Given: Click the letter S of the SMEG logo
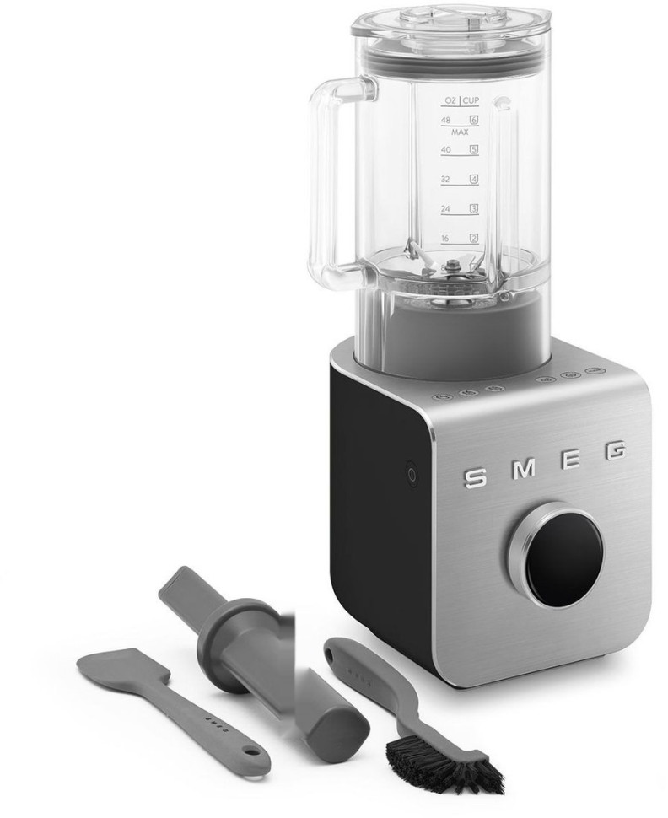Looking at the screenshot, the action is tap(475, 476).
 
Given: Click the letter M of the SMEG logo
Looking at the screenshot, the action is tap(525, 469).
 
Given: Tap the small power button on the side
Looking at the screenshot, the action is tap(412, 476).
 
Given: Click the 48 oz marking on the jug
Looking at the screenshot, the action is tap(445, 120).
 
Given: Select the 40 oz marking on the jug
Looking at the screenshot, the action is tap(445, 150).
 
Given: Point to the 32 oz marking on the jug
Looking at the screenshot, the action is tap(445, 179).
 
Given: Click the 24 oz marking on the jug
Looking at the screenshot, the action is tap(445, 208).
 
